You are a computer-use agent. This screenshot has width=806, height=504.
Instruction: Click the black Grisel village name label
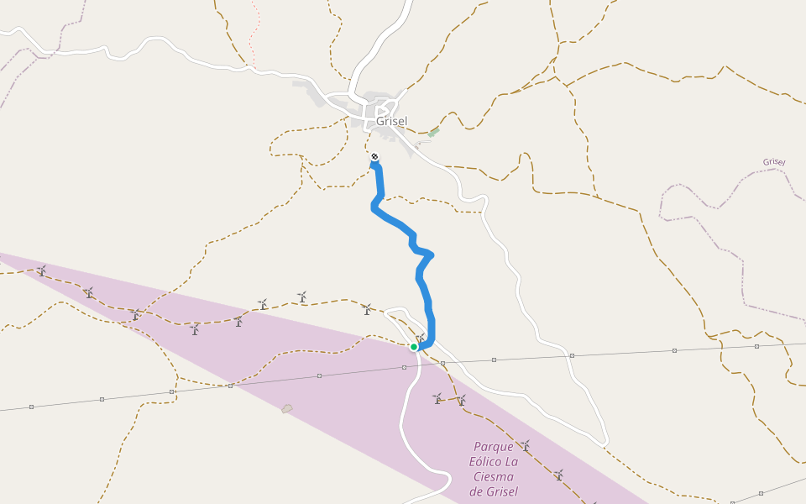[x=391, y=121]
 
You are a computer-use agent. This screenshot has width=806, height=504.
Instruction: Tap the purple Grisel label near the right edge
[x=774, y=162]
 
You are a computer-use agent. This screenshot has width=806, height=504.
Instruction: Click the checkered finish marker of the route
[x=374, y=157]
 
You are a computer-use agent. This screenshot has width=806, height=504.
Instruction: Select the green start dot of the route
[x=414, y=347]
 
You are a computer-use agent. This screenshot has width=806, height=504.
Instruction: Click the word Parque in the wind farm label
[x=493, y=447]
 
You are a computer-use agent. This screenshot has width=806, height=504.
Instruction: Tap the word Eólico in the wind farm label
[x=486, y=462]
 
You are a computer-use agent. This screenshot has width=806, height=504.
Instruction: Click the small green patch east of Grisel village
[x=433, y=133]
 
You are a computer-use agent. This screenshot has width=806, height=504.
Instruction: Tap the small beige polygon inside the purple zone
[x=287, y=409]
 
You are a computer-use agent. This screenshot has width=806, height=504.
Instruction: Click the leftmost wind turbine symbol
[x=41, y=271]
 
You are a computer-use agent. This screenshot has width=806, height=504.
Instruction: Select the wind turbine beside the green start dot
[x=421, y=339]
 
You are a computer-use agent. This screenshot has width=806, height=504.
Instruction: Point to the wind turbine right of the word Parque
[x=526, y=445]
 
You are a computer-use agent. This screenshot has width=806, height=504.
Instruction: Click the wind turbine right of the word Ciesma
[x=558, y=475]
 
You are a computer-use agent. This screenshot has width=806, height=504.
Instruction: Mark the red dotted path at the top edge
[x=254, y=34]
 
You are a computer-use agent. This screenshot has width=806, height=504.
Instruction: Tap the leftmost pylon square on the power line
[x=31, y=407]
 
